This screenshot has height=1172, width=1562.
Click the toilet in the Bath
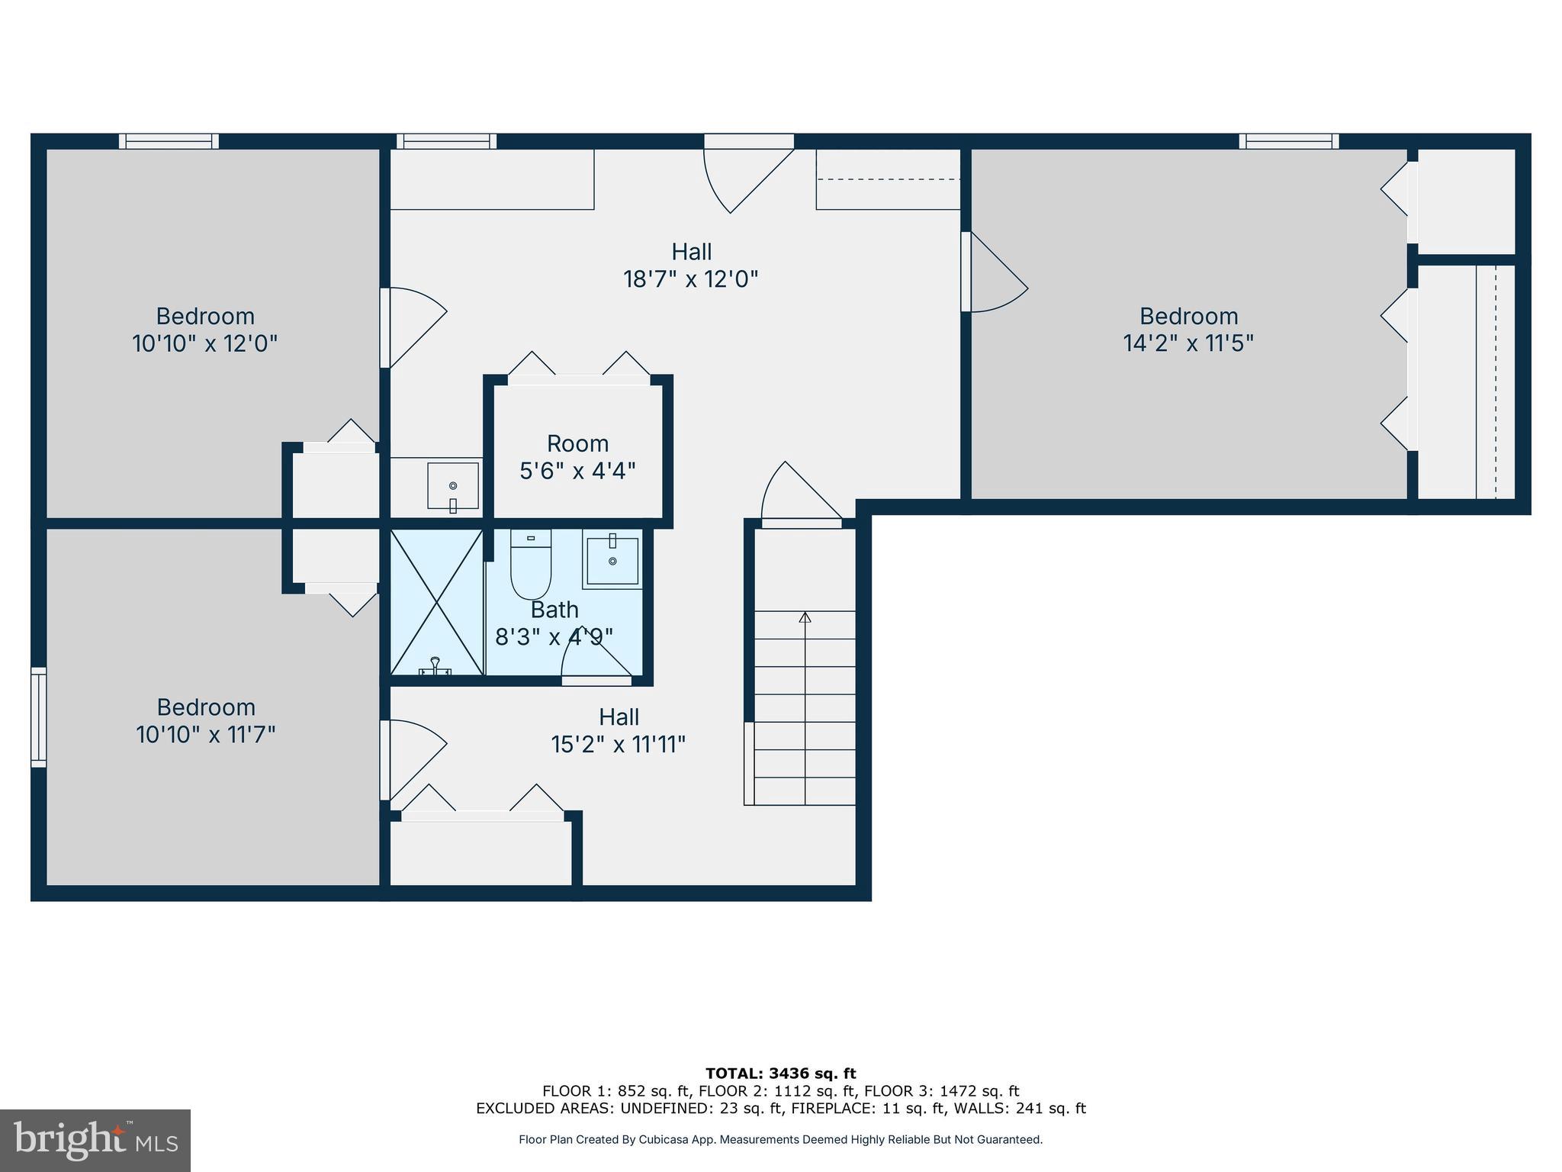pyautogui.click(x=530, y=568)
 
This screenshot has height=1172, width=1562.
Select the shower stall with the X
pyautogui.click(x=436, y=603)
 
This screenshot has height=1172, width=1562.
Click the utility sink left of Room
pyautogui.click(x=452, y=485)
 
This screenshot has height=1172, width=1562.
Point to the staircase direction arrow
pyautogui.click(x=805, y=617)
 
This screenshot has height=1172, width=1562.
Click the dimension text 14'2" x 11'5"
pyautogui.click(x=1188, y=343)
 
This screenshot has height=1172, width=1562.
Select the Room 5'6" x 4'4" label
pyautogui.click(x=577, y=457)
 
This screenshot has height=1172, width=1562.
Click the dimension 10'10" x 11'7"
pyautogui.click(x=205, y=735)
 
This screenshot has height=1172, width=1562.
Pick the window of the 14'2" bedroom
pyautogui.click(x=1288, y=141)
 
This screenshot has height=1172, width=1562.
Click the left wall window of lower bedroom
pyautogui.click(x=38, y=716)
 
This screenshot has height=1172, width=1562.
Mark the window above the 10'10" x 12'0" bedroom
pyautogui.click(x=169, y=141)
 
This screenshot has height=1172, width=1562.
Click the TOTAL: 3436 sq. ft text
pyautogui.click(x=780, y=1074)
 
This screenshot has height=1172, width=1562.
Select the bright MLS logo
pyautogui.click(x=95, y=1140)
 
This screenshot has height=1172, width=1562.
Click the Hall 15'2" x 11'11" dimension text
pyautogui.click(x=619, y=744)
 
